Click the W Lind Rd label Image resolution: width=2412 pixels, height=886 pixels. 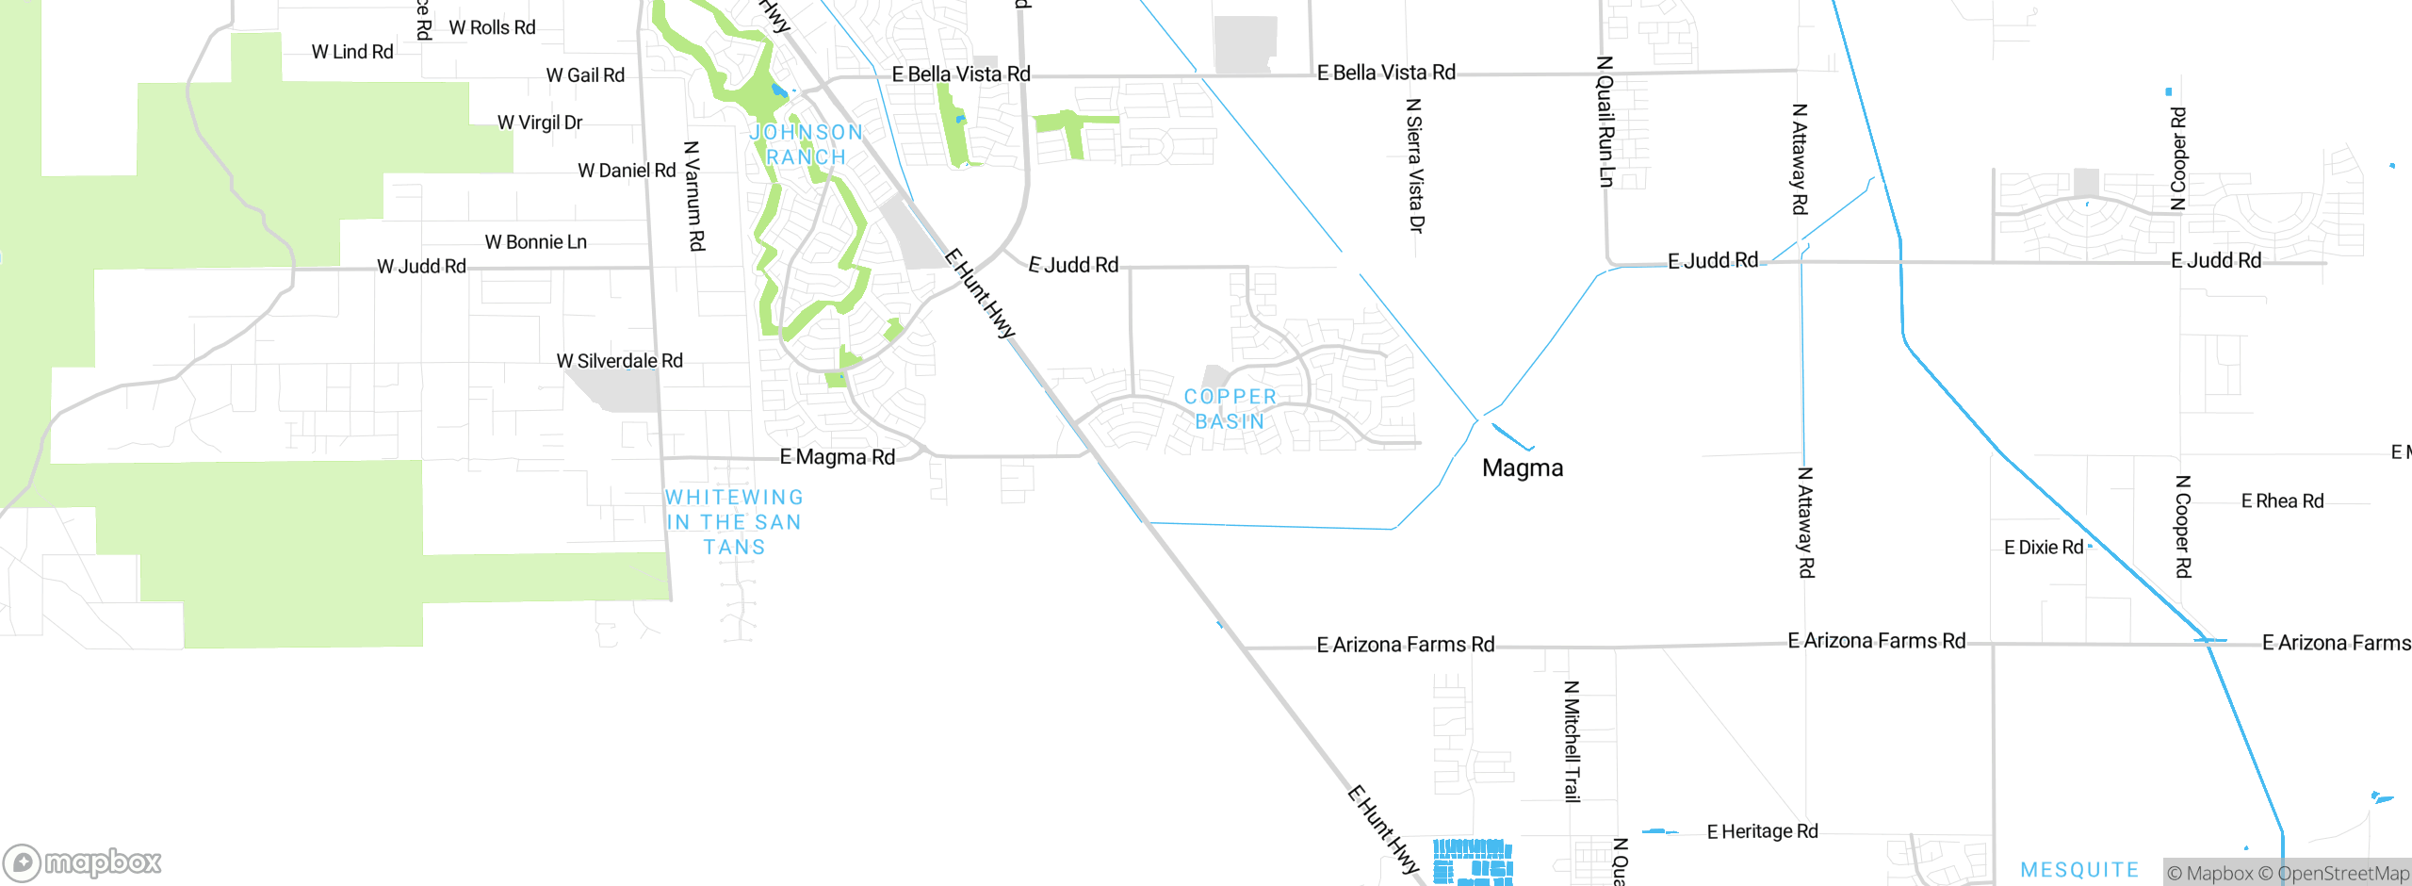point(352,52)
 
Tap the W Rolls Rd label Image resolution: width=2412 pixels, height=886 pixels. point(492,27)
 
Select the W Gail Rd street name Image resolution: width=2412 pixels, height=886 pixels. point(585,75)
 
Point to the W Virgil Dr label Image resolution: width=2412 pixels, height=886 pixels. point(540,123)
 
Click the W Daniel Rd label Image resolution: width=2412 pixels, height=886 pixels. point(627,171)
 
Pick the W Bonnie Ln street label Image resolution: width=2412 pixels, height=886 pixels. point(535,242)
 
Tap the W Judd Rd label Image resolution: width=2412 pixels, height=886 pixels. point(421,267)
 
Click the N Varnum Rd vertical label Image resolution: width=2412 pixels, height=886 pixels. point(694,196)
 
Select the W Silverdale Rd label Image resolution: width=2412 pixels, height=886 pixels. point(619,361)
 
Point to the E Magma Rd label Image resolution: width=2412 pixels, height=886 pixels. point(837,457)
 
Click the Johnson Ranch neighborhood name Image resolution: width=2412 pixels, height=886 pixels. point(807,144)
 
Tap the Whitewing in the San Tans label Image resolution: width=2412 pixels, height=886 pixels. point(734,522)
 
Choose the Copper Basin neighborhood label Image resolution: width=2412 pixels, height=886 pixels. point(1230,409)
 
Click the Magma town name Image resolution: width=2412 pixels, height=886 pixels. point(1523,468)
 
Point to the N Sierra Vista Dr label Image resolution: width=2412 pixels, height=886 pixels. point(1414,165)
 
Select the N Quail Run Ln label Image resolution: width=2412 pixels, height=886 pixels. point(1605,122)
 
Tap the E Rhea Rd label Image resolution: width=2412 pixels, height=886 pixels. point(2282,501)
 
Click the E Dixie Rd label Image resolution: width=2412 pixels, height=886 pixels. point(2044,548)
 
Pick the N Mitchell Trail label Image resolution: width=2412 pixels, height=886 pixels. point(1572,741)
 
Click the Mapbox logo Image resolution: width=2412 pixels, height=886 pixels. point(82,862)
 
